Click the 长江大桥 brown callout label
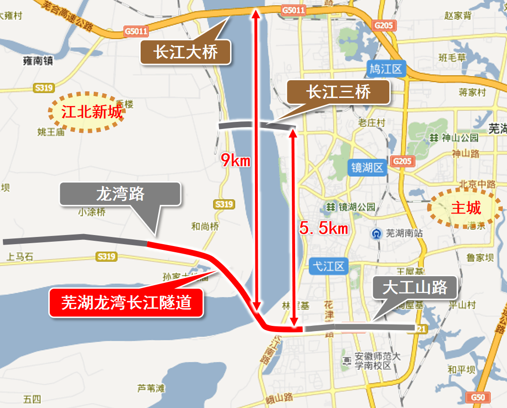(186, 52)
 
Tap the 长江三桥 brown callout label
(338, 92)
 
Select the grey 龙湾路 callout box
(120, 194)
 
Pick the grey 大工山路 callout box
(415, 288)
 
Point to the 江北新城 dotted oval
(86, 112)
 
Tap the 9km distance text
(235, 160)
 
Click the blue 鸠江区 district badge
(386, 70)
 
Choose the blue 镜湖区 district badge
(367, 167)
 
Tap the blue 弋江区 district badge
(328, 266)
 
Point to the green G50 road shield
(478, 397)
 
